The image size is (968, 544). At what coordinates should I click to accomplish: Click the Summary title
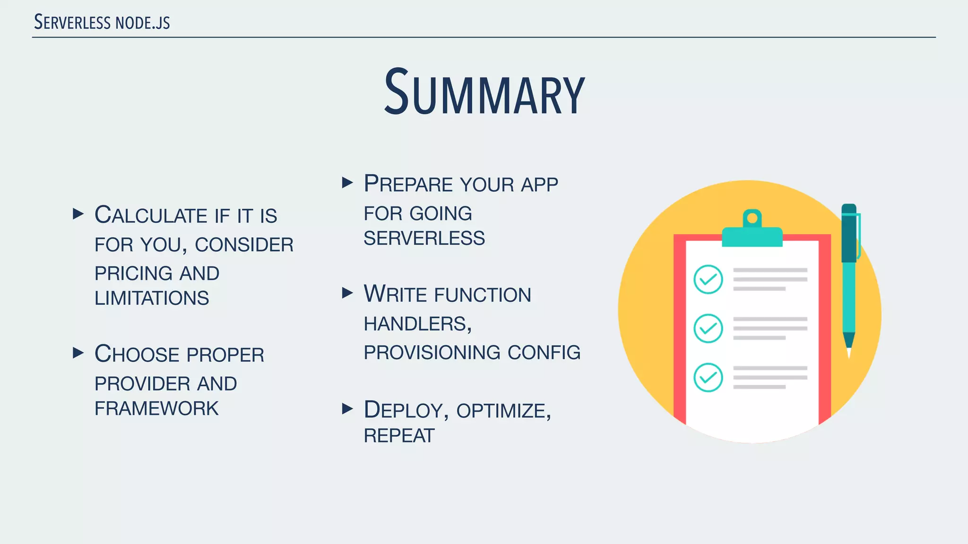point(484,93)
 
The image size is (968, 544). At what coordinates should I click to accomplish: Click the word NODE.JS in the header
point(143,23)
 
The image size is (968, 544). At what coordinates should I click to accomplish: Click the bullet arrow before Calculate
point(78,214)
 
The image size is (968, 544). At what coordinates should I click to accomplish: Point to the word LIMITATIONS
point(152,298)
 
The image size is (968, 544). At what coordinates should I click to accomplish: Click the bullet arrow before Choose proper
point(78,353)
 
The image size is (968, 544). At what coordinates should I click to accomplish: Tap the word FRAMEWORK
point(156,408)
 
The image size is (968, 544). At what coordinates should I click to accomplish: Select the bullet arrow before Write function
point(347,293)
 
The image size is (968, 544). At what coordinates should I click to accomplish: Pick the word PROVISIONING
point(432,353)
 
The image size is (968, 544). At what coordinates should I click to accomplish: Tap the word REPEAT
point(399,436)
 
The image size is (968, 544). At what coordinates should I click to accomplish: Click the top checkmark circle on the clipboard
point(708,280)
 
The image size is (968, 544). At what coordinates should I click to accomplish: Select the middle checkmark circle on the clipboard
point(708,328)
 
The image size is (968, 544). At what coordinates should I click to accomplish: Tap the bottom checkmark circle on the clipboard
point(708,377)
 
